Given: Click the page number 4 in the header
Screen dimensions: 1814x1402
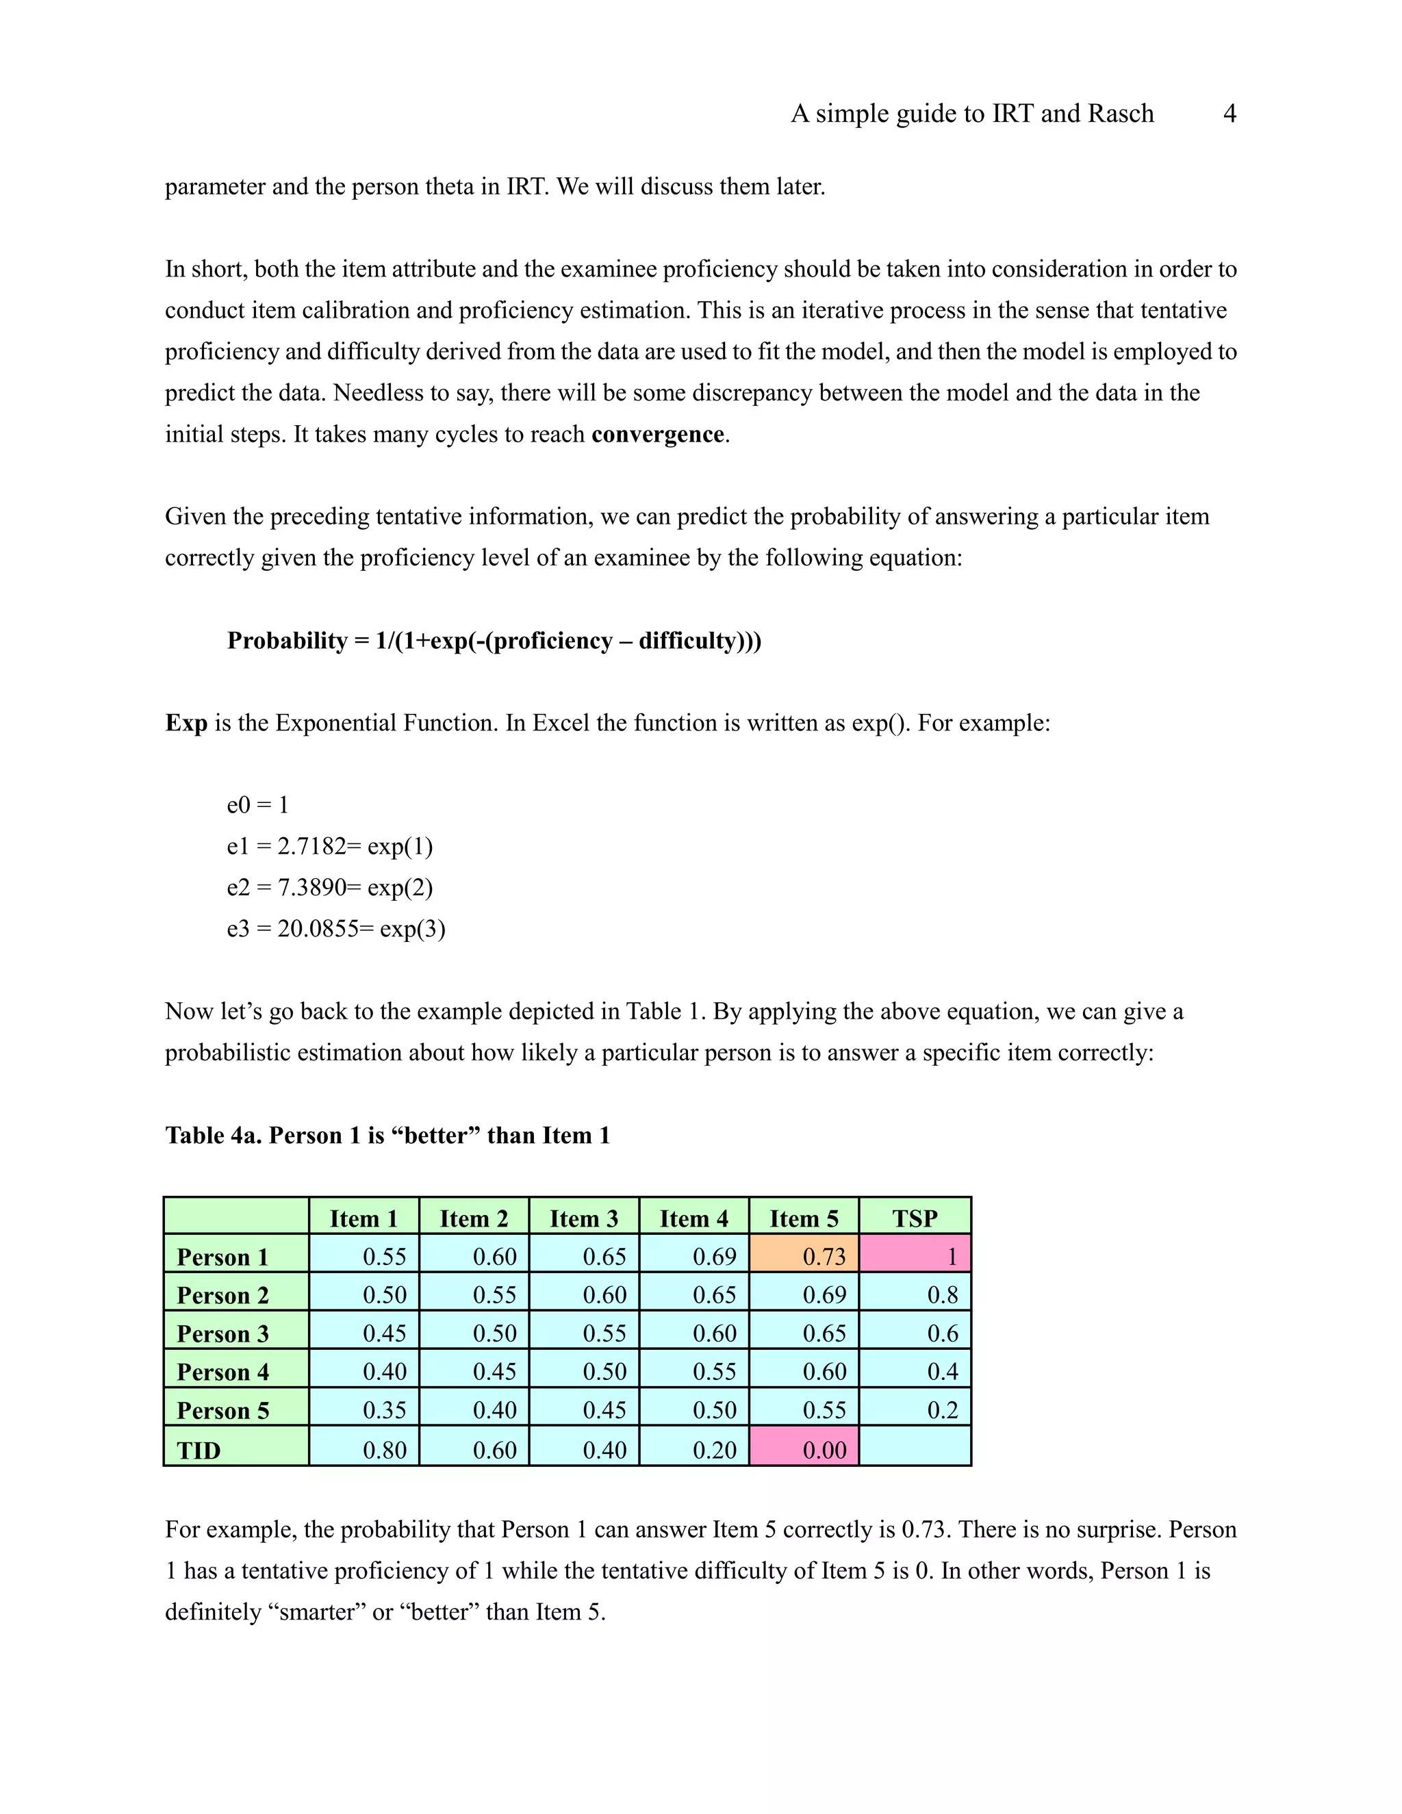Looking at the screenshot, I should point(1229,114).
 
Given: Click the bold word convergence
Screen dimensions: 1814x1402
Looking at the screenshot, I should point(657,435).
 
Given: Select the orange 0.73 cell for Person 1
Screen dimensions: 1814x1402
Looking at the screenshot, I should point(803,1256).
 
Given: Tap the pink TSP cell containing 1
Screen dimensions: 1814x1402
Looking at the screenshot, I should point(915,1256).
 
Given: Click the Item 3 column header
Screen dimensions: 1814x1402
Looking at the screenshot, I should point(584,1218).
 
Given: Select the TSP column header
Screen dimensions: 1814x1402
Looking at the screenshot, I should point(915,1218).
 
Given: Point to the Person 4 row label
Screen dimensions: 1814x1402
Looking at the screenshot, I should point(222,1372).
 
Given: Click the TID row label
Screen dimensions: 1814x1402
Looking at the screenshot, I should point(199,1451).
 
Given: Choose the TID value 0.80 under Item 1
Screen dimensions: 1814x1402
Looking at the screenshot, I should point(385,1451).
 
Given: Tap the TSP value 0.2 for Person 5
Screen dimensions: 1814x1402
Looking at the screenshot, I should point(942,1410).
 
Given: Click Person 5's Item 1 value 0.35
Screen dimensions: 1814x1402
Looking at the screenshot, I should point(385,1410).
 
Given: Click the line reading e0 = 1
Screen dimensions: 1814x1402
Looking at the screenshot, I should point(257,805).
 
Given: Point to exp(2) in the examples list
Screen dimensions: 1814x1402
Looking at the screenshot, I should point(400,888).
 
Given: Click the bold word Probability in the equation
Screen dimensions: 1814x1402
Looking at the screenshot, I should point(288,641).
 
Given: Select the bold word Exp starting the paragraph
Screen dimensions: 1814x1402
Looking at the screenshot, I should point(186,723).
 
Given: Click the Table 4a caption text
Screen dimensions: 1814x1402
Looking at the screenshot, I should point(387,1136).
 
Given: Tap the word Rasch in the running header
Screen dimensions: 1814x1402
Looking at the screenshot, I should point(1121,114).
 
